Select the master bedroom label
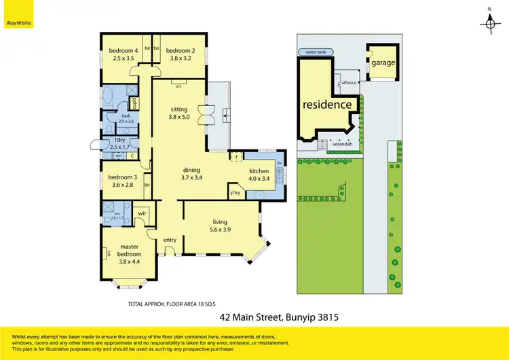point(129,251)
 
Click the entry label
point(169,239)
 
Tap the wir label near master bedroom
point(143,213)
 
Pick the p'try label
point(235,193)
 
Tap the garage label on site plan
point(383,62)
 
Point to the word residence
point(327,105)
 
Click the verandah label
point(341,144)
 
